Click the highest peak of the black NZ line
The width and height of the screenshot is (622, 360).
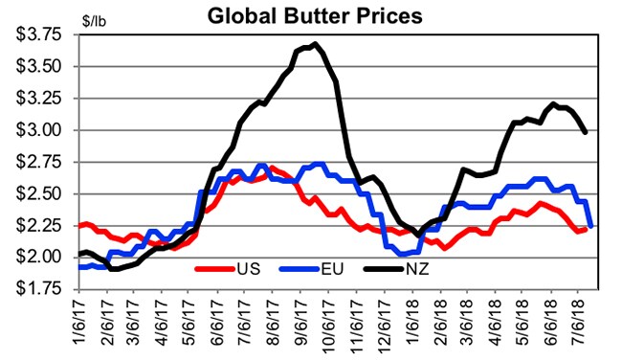315,43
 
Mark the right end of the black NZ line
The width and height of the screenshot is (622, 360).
586,132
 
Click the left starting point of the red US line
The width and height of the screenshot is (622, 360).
78,226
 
